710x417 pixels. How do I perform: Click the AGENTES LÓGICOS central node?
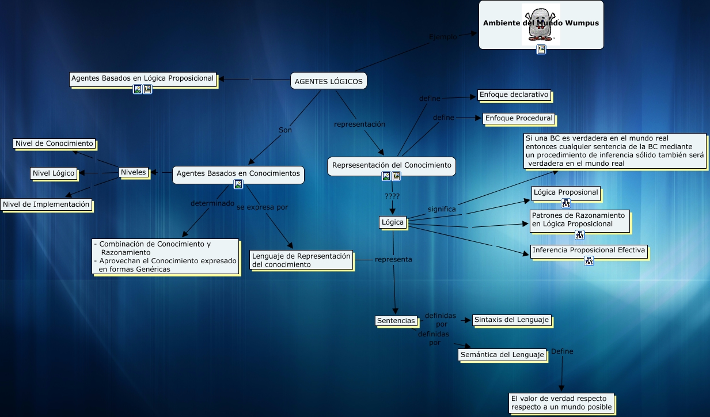[329, 81]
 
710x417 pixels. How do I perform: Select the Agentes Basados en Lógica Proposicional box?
[142, 78]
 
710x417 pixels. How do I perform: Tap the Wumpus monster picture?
[541, 24]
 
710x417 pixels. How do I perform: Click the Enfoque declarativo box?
[514, 94]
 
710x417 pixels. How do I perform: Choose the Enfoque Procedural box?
[519, 118]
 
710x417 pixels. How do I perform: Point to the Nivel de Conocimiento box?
[54, 143]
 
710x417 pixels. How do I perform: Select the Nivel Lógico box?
[54, 173]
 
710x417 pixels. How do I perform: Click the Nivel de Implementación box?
[46, 204]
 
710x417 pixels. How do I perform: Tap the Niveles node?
[133, 172]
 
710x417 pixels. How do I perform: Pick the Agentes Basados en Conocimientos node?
[238, 173]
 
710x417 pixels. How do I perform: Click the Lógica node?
[393, 222]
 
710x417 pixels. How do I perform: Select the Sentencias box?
[396, 321]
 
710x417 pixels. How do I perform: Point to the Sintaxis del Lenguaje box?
[511, 320]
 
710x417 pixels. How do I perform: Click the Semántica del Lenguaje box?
[503, 355]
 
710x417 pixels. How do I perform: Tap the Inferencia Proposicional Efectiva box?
[588, 250]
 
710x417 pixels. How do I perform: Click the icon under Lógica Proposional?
[565, 203]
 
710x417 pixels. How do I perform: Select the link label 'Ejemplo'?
[443, 37]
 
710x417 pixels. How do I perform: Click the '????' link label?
[392, 196]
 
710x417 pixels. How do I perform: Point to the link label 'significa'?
[442, 209]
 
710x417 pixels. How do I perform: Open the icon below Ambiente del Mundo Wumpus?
[541, 50]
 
